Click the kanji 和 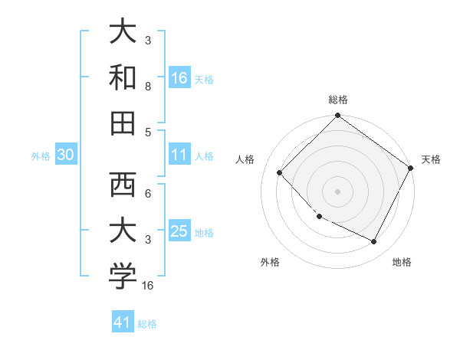tap(123, 77)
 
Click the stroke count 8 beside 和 tap(148, 87)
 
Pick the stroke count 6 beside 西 tap(148, 195)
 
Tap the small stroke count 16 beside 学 tap(148, 286)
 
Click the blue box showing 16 tap(179, 77)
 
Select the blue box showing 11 tap(179, 155)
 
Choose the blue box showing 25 tap(179, 231)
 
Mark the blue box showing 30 tap(66, 155)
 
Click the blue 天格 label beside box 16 tap(204, 79)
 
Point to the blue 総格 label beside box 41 tap(147, 324)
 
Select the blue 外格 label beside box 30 tap(41, 156)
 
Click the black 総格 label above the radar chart tap(337, 100)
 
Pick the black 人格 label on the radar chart tap(245, 159)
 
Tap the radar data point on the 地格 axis tap(374, 242)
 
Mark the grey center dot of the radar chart tap(337, 191)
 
